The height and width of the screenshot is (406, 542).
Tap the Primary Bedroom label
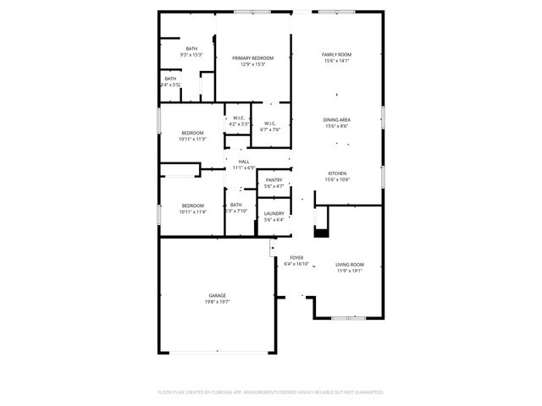(x=253, y=58)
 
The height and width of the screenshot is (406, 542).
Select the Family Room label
(x=336, y=54)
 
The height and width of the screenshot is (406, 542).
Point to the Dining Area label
(x=337, y=120)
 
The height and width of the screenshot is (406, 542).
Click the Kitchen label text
(x=337, y=173)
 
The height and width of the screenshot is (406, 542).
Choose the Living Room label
(x=349, y=265)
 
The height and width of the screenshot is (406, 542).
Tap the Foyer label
(x=296, y=257)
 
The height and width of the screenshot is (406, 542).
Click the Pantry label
(x=274, y=180)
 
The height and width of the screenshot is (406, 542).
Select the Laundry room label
(x=274, y=213)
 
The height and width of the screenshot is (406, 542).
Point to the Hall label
(x=244, y=162)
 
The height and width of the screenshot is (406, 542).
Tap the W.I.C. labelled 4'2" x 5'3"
(x=239, y=118)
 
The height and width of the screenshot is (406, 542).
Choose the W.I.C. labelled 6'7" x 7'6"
(x=270, y=123)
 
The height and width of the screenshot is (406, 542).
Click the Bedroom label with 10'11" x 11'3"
(x=192, y=133)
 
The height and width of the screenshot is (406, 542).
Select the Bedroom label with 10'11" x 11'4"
(x=192, y=206)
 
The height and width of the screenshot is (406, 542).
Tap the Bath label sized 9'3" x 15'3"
(x=192, y=48)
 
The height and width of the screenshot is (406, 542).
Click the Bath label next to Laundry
(x=236, y=205)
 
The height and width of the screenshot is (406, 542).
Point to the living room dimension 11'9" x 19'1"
(x=349, y=271)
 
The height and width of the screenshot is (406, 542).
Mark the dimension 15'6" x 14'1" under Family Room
(x=336, y=61)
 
